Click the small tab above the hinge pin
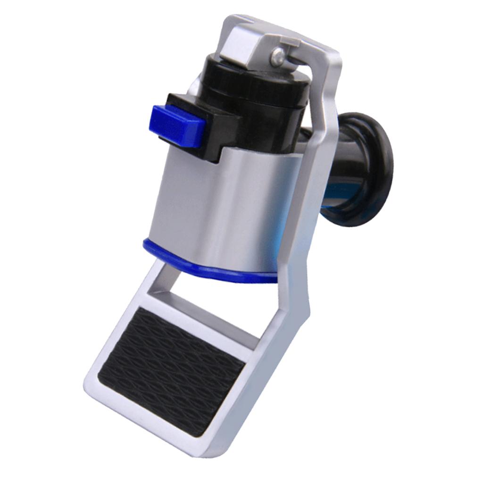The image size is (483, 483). (292, 45)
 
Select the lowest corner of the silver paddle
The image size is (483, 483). (198, 453)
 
